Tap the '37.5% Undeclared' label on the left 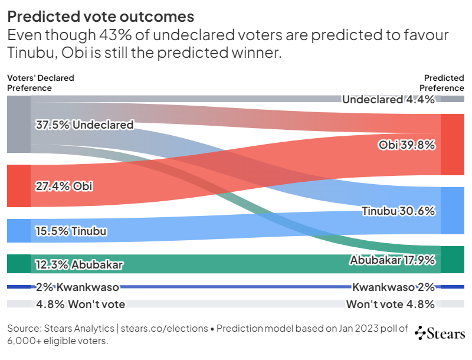tap(84, 125)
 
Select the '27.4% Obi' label tap(64, 186)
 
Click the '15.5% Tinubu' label tap(71, 231)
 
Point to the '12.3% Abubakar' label tap(80, 265)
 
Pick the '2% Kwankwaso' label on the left tap(77, 287)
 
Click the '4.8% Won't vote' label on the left tap(80, 305)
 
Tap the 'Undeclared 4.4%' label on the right tap(388, 100)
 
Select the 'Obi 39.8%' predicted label tap(407, 145)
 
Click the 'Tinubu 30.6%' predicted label tap(398, 211)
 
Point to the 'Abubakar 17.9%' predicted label tap(392, 260)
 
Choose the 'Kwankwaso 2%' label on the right tap(394, 287)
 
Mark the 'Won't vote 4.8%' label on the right tap(391, 305)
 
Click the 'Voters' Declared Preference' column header tap(40, 83)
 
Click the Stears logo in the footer tap(440, 333)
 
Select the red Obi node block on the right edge tap(453, 145)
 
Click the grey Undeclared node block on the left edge tap(18, 125)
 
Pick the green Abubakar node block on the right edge tap(453, 260)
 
